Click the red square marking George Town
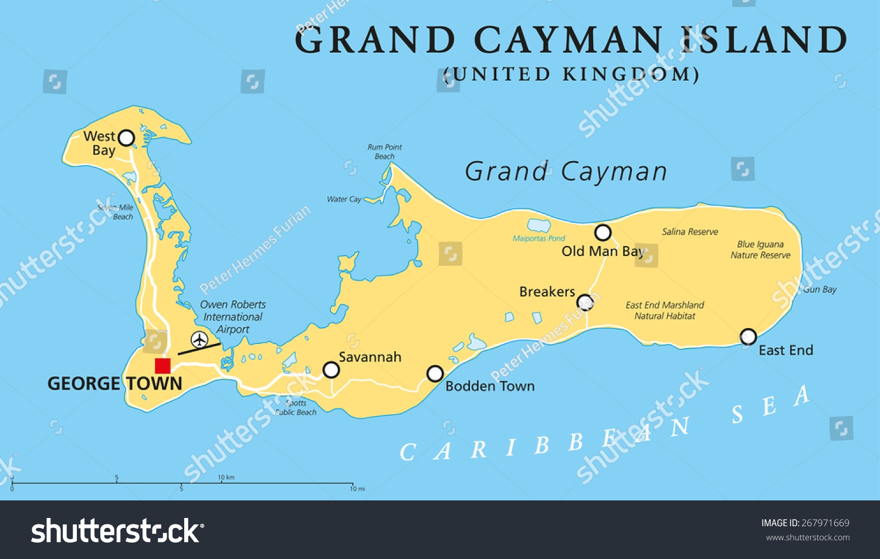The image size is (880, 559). [163, 366]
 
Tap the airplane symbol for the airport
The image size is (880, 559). [199, 339]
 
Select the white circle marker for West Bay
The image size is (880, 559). [126, 138]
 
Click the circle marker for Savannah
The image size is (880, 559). [331, 370]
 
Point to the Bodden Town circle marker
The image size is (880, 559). [435, 373]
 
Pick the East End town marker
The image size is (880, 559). [748, 336]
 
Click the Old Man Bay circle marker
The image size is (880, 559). [603, 233]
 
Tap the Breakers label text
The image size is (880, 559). [547, 291]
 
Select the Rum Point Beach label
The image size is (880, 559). [385, 152]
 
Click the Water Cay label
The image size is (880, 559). [344, 199]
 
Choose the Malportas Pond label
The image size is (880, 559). [539, 238]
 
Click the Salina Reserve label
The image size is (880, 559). [690, 232]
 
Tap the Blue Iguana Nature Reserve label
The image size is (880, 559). [760, 250]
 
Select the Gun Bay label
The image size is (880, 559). [820, 289]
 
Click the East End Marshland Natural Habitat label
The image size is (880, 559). [665, 311]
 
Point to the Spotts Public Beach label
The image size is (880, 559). [296, 408]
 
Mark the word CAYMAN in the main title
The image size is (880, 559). [568, 40]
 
